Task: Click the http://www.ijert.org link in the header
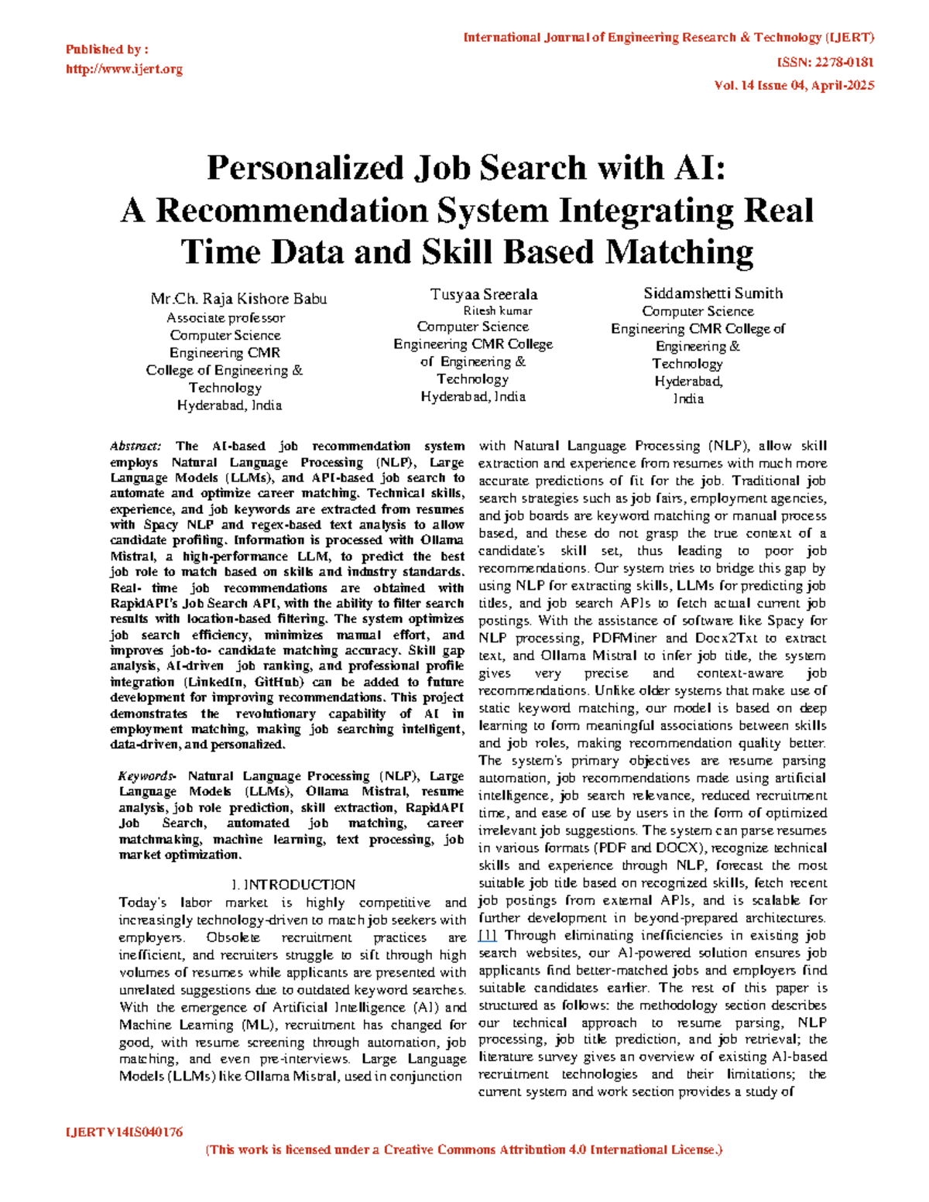click(124, 69)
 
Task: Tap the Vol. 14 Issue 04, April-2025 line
click(794, 85)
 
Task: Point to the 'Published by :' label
click(107, 50)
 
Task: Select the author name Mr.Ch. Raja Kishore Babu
click(238, 299)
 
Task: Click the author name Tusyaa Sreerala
click(484, 294)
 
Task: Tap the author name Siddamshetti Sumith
click(713, 293)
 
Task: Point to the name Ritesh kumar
click(498, 310)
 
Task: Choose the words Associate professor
click(225, 317)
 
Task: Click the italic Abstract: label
click(135, 446)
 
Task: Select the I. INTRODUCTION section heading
click(293, 885)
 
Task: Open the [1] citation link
click(488, 935)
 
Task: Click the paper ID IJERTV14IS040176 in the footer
click(125, 1132)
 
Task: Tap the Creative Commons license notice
click(464, 1150)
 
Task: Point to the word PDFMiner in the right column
click(624, 638)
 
